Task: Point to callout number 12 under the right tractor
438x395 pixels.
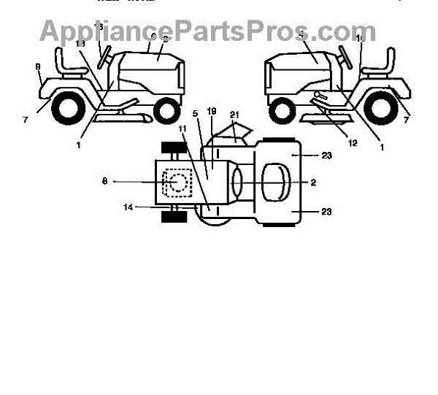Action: click(353, 142)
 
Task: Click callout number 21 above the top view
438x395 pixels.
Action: click(234, 115)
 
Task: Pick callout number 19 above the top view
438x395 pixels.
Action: click(212, 111)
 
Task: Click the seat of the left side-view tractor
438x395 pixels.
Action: click(68, 64)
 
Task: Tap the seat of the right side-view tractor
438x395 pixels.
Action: click(380, 64)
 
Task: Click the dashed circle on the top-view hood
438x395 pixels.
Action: click(176, 183)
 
